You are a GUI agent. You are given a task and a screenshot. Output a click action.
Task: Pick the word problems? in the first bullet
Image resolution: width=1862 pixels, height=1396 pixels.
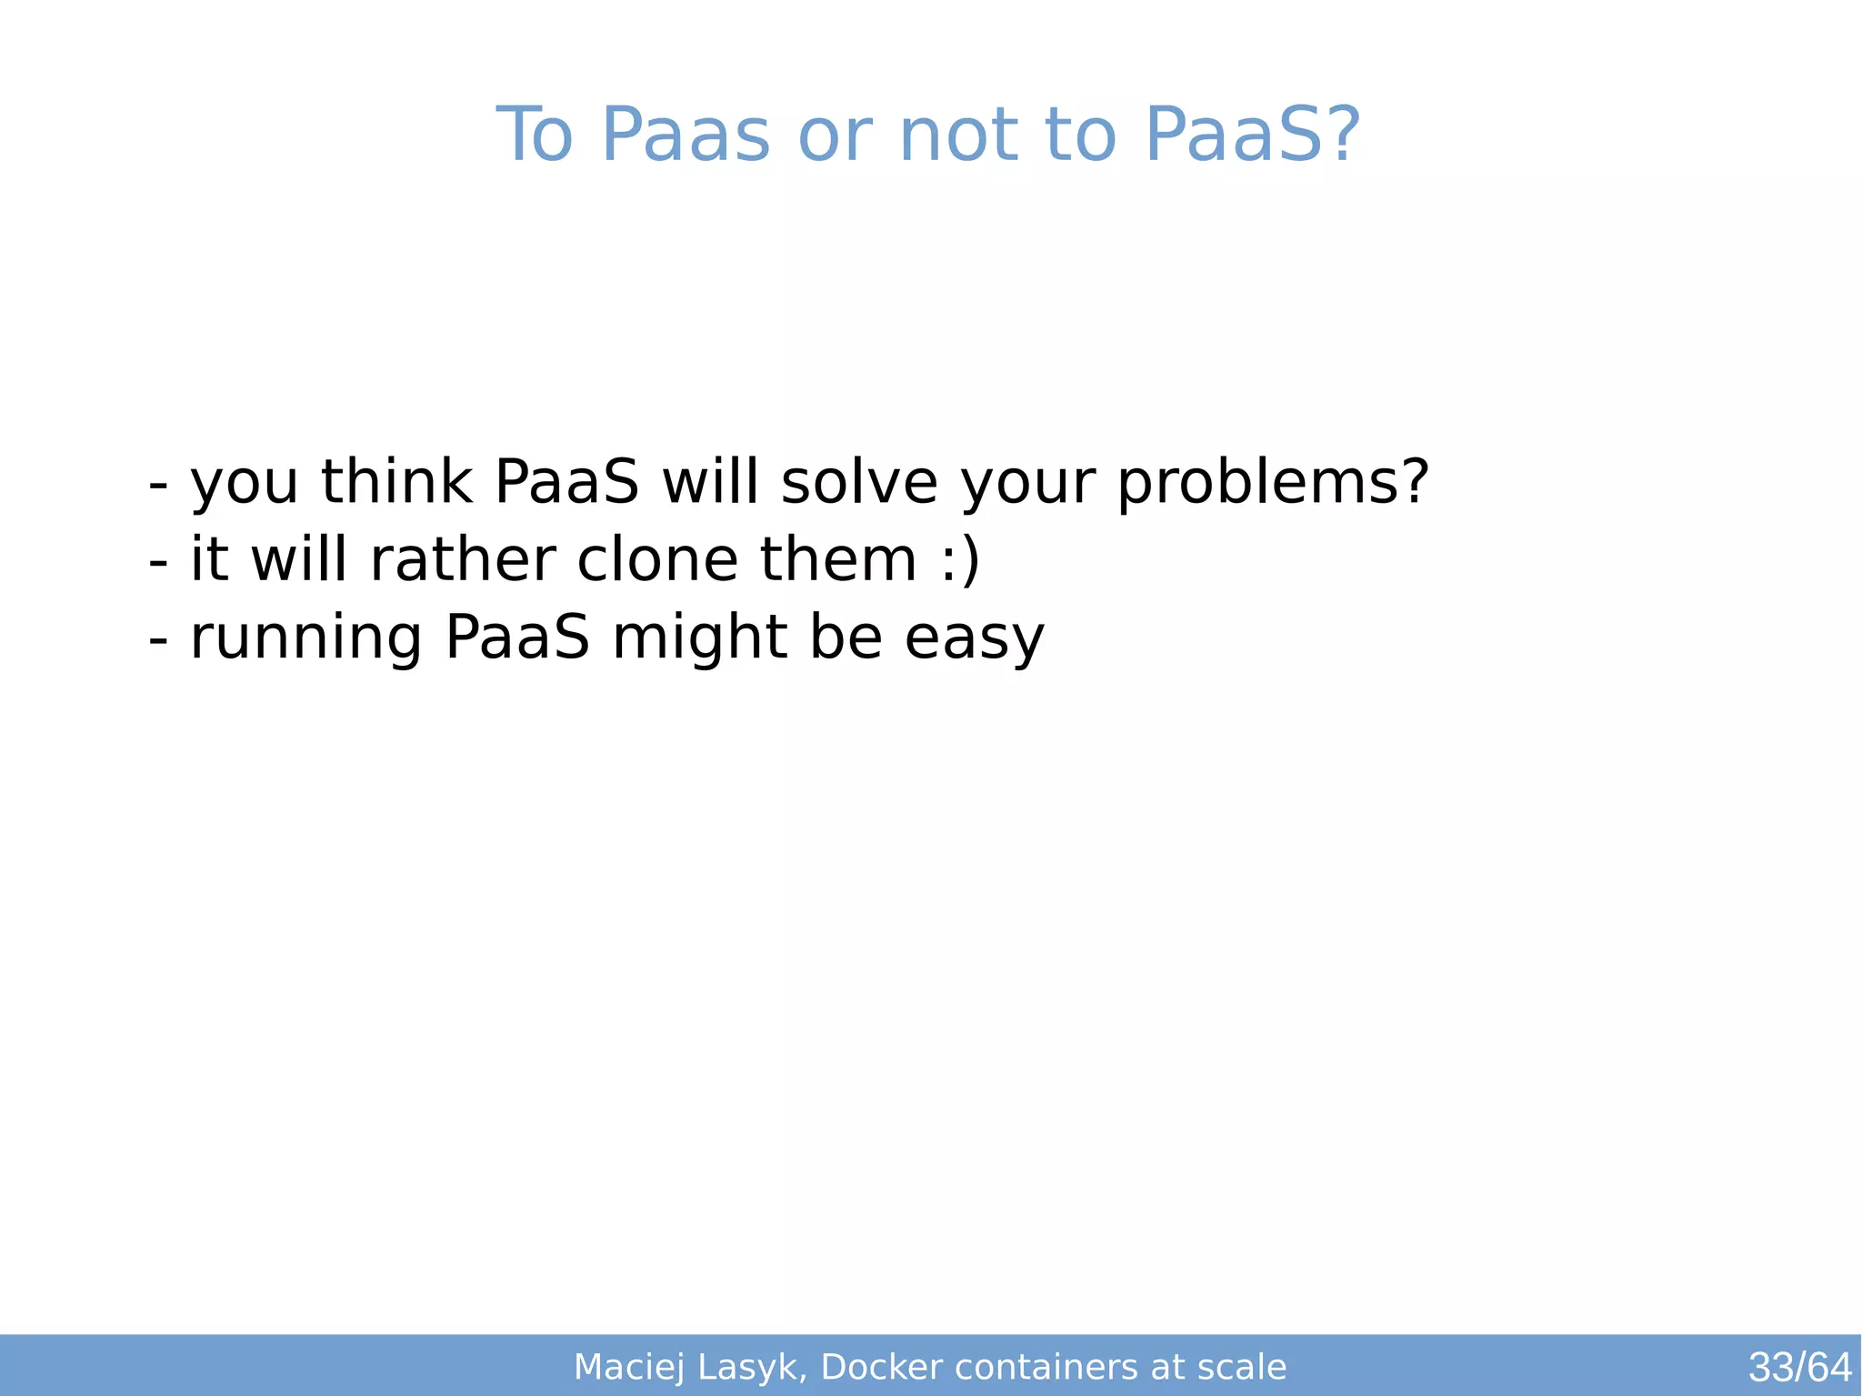coord(1273,483)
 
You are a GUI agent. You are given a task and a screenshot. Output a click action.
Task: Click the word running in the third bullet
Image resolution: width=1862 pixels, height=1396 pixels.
coord(305,638)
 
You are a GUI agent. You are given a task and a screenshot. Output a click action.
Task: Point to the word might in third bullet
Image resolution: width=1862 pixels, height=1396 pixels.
coord(699,638)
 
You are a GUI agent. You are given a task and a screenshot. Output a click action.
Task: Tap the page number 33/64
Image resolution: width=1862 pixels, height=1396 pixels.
coord(1799,1367)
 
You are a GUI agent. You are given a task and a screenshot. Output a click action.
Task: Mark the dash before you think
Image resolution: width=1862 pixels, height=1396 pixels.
coord(158,485)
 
